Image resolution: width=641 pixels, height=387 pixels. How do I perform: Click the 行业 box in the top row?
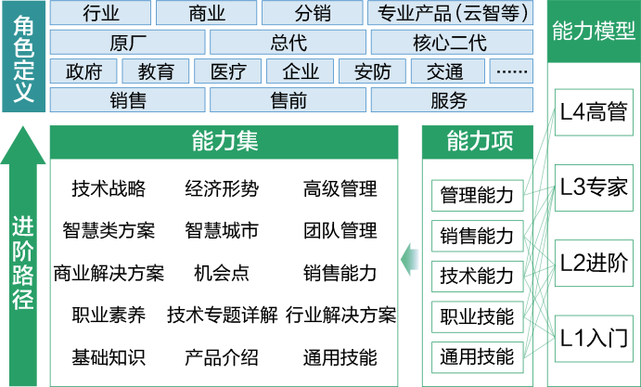100,13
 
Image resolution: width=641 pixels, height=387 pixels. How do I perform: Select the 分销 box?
313,13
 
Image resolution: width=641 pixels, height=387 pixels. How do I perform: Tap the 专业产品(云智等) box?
451,13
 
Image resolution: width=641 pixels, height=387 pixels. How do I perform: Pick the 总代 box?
288,42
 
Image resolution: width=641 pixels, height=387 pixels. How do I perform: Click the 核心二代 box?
452,42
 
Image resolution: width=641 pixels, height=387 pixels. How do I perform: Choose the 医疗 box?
227,71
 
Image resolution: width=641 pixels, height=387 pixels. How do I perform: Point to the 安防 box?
372,71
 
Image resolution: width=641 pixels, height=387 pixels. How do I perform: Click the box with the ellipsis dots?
511,71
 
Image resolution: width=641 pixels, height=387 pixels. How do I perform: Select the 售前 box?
288,100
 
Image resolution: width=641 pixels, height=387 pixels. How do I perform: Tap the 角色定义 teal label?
23,57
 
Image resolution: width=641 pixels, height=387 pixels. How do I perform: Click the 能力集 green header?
224,142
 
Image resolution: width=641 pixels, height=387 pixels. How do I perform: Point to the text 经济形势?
222,188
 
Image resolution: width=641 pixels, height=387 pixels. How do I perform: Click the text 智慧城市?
222,230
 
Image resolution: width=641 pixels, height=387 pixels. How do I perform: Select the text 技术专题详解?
223,315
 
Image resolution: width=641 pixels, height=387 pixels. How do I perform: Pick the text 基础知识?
109,356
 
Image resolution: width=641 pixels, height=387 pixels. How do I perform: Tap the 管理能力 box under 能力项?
478,196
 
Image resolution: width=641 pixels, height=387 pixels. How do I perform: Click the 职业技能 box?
478,316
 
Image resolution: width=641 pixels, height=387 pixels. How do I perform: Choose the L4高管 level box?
594,112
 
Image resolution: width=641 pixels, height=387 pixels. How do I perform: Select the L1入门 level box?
594,339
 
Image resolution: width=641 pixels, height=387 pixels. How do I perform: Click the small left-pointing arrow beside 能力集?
410,259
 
